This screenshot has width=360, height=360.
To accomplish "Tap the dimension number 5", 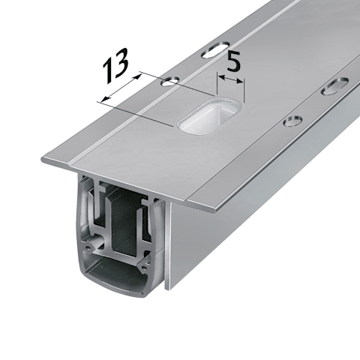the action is point(233,61).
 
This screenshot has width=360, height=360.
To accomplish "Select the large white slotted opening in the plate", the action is point(209,116).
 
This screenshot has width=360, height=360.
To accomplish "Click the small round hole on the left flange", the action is point(170,82).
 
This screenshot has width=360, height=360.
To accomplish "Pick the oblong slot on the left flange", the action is point(216,49).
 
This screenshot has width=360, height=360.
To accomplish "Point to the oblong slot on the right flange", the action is point(334,86).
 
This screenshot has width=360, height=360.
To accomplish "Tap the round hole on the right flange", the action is point(292,121).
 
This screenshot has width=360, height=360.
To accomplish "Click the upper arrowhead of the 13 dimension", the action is point(137,77).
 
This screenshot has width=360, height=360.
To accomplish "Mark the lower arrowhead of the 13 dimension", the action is point(106,97).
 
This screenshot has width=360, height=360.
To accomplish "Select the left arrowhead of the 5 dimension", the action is point(221,77).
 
